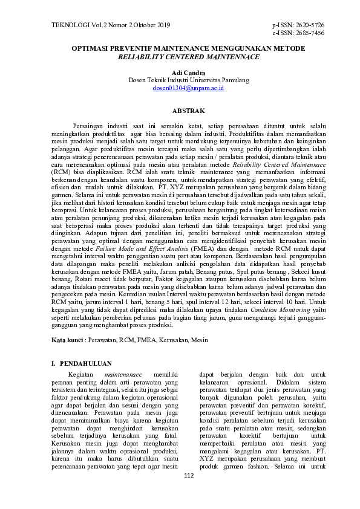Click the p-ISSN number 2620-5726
307,25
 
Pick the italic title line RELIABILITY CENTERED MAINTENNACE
189,56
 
